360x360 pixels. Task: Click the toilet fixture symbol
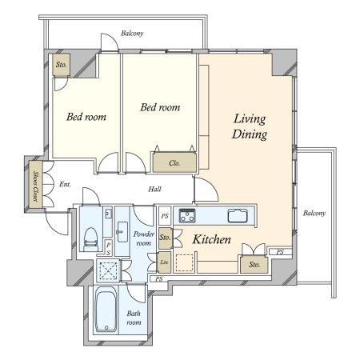pos(90,239)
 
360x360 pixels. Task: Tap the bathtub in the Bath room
pos(106,309)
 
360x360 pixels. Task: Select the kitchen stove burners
pos(187,215)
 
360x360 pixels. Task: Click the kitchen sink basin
pos(238,215)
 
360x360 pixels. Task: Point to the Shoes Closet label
pos(36,186)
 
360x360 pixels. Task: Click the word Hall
pos(154,189)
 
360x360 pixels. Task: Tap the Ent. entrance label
pos(65,184)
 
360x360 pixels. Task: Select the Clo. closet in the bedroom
pos(174,162)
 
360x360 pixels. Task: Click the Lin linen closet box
pos(164,262)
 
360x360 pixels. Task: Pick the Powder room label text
pos(144,238)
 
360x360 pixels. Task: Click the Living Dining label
pos(250,126)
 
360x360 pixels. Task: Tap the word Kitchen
pos(212,239)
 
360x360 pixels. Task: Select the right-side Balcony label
pos(314,213)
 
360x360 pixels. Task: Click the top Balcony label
pos(132,34)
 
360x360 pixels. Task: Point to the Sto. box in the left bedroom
pos(62,65)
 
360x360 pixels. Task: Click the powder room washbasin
pos(122,231)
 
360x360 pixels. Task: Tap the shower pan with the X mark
pos(108,270)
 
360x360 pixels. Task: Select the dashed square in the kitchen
pos(184,263)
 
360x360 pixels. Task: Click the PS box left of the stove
pos(165,216)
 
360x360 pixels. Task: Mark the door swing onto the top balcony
pos(110,42)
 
